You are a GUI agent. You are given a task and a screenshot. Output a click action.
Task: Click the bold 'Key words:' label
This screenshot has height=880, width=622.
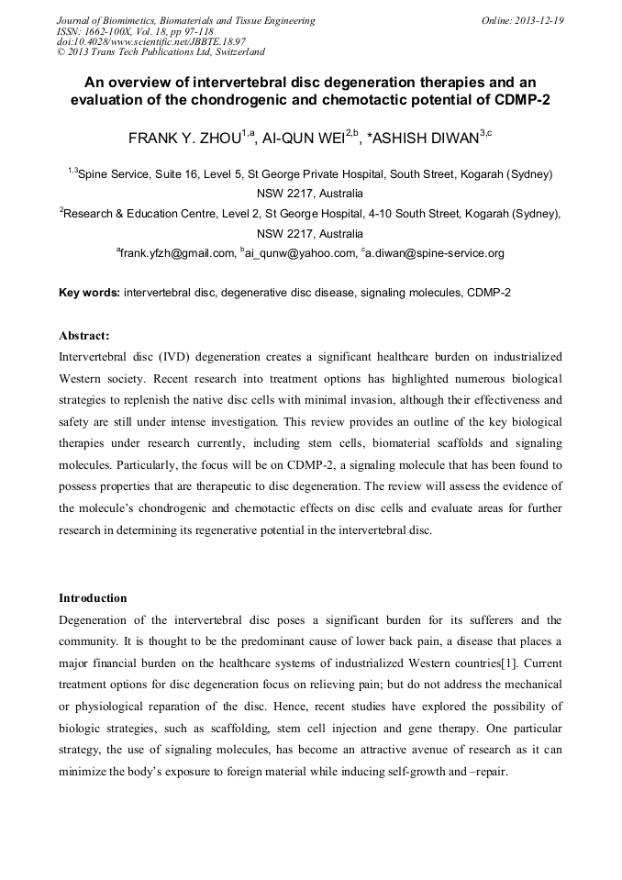click(89, 293)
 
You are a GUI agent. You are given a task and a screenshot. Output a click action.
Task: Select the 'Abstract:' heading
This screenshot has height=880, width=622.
click(84, 335)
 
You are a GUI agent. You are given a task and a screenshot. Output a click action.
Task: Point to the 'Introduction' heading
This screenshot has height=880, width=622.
click(93, 598)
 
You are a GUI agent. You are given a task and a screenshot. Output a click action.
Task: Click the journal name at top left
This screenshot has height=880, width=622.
click(185, 19)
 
